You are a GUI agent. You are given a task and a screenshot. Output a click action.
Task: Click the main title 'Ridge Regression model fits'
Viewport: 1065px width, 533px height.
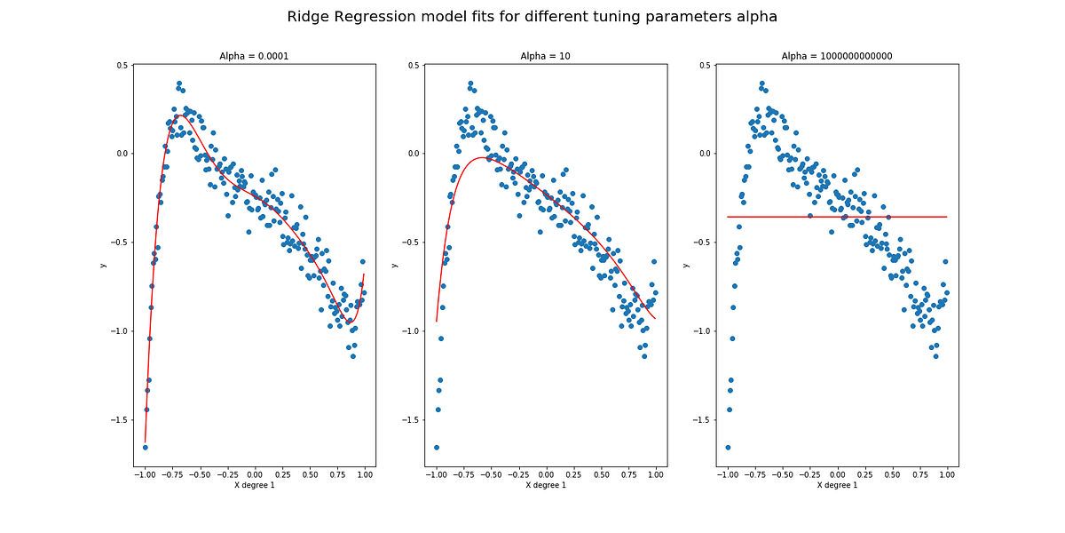tap(532, 17)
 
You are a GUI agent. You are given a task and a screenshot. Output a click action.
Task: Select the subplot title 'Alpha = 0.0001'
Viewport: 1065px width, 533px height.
tap(254, 56)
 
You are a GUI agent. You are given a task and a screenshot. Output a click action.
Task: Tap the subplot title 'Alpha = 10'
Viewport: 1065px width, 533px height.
tap(545, 56)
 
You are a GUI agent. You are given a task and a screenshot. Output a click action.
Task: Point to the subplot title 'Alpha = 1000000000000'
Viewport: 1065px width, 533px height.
tap(837, 56)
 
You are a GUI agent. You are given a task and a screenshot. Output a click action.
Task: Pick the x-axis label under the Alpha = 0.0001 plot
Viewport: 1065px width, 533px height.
tap(254, 485)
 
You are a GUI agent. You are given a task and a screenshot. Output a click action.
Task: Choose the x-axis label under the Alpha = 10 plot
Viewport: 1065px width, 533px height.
tap(545, 485)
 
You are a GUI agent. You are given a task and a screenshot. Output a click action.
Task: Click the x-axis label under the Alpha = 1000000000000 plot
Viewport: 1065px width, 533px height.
tap(837, 485)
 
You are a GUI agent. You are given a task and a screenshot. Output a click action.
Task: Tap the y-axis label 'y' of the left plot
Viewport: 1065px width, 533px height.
tap(103, 266)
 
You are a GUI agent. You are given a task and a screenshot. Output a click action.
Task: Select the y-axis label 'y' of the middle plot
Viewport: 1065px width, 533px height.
tap(394, 266)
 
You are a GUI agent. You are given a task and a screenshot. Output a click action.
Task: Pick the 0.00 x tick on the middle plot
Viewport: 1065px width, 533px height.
tap(546, 474)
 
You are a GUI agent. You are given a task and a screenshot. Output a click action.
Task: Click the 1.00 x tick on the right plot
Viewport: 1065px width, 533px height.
tap(947, 474)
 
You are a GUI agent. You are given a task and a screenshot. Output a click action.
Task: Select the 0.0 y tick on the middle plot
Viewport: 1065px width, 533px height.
tap(413, 154)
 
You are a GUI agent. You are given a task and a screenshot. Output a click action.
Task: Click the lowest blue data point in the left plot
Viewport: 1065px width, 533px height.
tap(145, 447)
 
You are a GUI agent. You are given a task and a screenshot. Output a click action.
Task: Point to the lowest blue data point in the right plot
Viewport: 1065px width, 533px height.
tap(728, 447)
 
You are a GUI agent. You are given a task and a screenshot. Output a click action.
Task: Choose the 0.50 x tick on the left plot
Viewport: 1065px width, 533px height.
tap(310, 474)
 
